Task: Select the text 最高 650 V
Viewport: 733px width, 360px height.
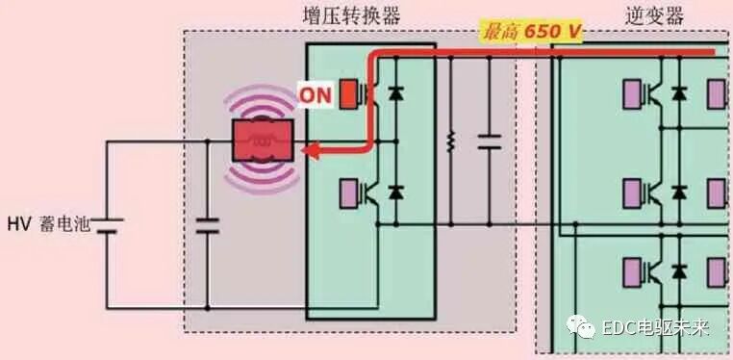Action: (x=531, y=32)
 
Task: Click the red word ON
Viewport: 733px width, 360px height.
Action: (x=315, y=95)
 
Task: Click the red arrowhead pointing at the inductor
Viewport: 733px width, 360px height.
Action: (x=309, y=149)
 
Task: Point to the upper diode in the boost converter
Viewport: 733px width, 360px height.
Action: (x=393, y=94)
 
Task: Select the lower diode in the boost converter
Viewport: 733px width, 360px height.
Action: (x=393, y=192)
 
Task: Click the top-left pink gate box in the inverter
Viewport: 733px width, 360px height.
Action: (x=635, y=94)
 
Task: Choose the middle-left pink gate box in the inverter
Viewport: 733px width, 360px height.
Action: (x=635, y=192)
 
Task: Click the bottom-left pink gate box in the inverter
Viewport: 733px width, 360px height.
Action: (x=635, y=268)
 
